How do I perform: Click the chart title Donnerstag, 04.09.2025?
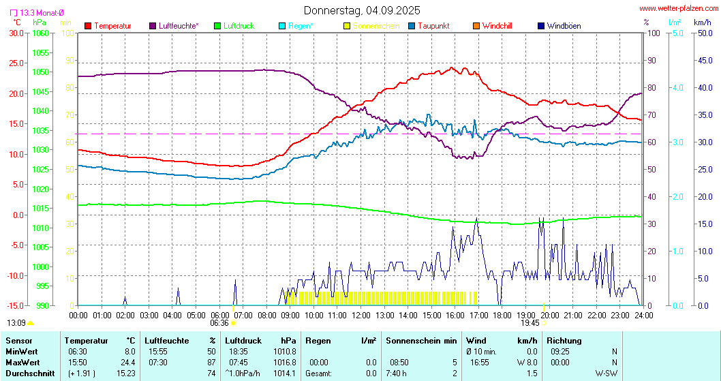[x=361, y=10]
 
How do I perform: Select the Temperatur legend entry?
[x=112, y=26]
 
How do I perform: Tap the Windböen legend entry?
[x=564, y=26]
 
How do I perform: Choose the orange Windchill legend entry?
[x=497, y=26]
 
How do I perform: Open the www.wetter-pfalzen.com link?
[x=677, y=8]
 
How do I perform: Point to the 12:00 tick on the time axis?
[x=361, y=315]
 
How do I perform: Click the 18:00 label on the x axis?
[x=502, y=315]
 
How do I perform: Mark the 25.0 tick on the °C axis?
[x=15, y=63]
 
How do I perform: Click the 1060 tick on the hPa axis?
[x=41, y=33]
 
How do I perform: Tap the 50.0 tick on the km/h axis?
[x=703, y=33]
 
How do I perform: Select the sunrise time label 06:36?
[x=219, y=323]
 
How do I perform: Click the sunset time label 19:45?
[x=530, y=323]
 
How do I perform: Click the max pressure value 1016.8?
[x=285, y=362]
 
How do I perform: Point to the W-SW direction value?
[x=605, y=373]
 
